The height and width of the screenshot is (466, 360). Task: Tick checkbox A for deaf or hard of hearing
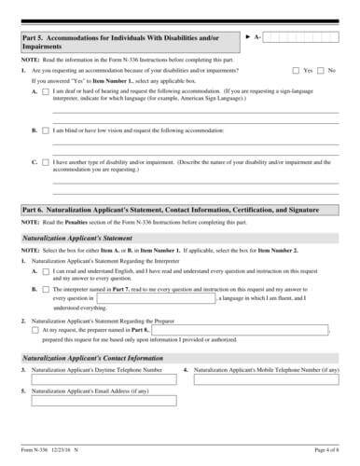click(x=46, y=92)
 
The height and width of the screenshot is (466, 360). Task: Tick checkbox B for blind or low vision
click(x=46, y=130)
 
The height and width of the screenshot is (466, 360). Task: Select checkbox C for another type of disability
click(x=46, y=161)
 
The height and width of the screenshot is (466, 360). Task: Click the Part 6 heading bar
click(x=180, y=212)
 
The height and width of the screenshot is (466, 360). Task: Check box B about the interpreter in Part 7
click(x=46, y=290)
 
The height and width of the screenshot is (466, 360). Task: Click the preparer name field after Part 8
click(x=240, y=330)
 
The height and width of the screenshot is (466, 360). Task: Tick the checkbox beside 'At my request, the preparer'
click(x=35, y=330)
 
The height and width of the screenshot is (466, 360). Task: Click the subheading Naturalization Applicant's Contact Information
click(x=89, y=359)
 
